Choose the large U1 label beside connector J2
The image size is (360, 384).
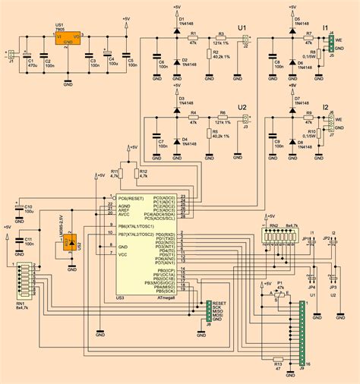(x=243, y=28)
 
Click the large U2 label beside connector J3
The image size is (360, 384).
(x=243, y=107)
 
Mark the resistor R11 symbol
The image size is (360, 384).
(x=120, y=174)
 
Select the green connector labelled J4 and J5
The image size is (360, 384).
(x=331, y=44)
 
